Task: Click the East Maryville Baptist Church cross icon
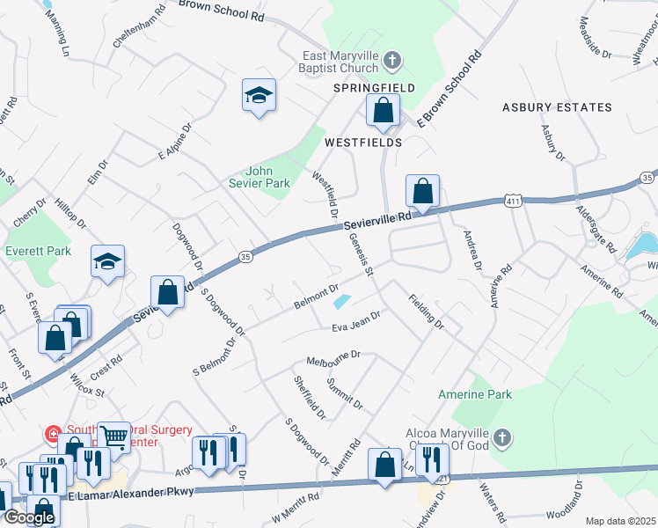pyautogui.click(x=392, y=61)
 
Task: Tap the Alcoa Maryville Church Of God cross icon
pyautogui.click(x=501, y=437)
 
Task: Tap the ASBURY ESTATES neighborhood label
pyautogui.click(x=557, y=107)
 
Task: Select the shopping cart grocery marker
pyautogui.click(x=113, y=435)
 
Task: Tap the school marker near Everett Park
pyautogui.click(x=107, y=261)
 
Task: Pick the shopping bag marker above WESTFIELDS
pyautogui.click(x=383, y=111)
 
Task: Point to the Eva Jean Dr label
pyautogui.click(x=355, y=321)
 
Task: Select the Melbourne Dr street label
pyautogui.click(x=333, y=358)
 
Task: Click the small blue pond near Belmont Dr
pyautogui.click(x=341, y=301)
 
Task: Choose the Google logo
pyautogui.click(x=29, y=517)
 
